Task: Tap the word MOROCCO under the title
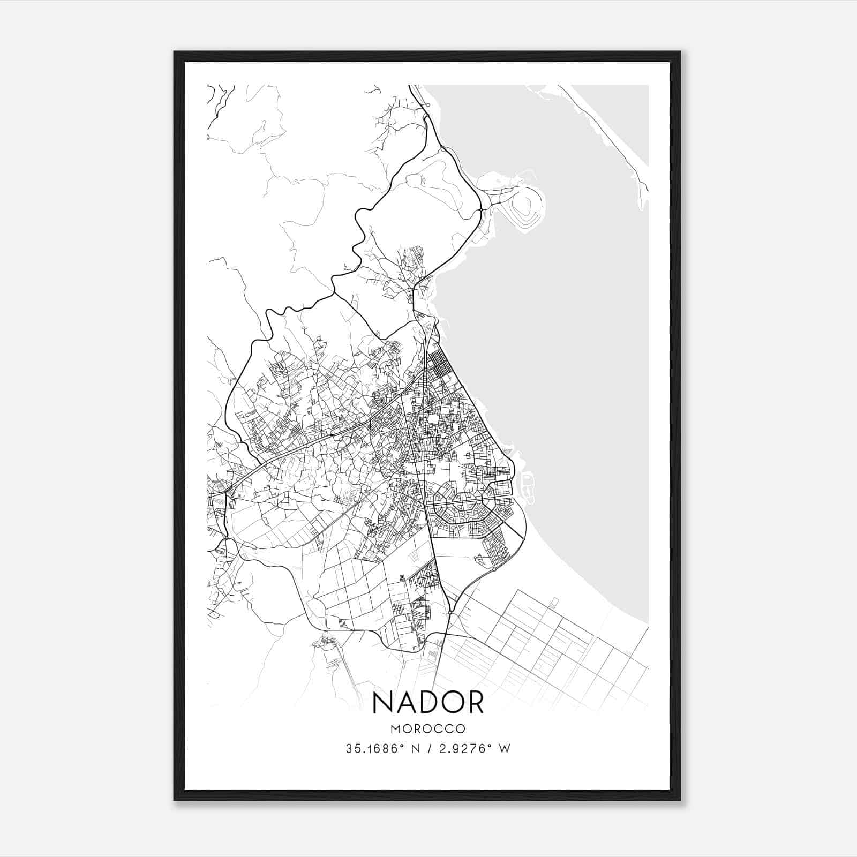point(427,729)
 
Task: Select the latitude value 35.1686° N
point(381,749)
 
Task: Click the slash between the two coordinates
point(431,749)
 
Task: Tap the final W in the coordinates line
point(505,749)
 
